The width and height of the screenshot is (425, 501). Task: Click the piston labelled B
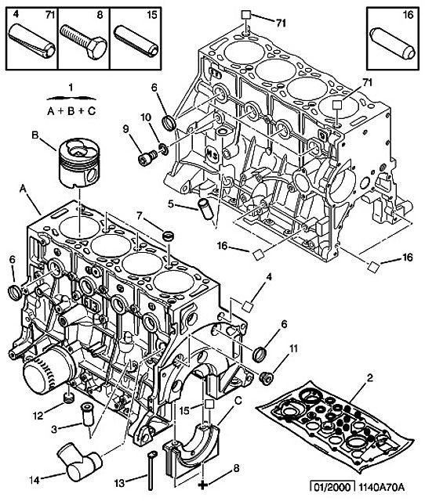tap(79, 162)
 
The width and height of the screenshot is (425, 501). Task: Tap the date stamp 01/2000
tap(332, 487)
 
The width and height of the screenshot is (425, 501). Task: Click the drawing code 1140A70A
tap(381, 487)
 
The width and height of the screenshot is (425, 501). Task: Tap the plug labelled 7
tap(168, 236)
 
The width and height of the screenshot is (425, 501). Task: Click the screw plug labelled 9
tap(147, 157)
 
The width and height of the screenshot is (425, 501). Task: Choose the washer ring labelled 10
tap(164, 149)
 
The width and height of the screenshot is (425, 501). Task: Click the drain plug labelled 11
tap(267, 378)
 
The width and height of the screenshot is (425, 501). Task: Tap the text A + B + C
tap(71, 111)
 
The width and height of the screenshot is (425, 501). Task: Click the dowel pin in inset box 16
tap(393, 43)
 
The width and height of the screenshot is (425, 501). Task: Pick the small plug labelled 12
tap(68, 398)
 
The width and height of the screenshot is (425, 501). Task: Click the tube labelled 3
tap(87, 414)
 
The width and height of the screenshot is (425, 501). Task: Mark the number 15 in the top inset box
tap(152, 15)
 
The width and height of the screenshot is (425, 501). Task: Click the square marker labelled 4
tap(247, 306)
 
